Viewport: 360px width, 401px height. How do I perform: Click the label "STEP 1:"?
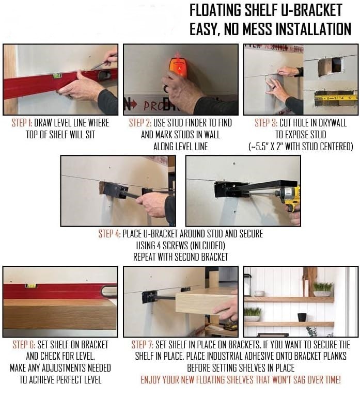tap(22, 123)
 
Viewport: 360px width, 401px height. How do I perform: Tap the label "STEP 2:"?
tap(140, 123)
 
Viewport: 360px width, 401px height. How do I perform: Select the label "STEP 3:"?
tap(266, 123)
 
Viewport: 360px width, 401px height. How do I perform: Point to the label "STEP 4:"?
tap(109, 234)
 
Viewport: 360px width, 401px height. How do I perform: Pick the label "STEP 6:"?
tap(24, 345)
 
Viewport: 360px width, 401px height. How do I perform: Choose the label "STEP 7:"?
tap(143, 345)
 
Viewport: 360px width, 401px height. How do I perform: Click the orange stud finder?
tap(179, 66)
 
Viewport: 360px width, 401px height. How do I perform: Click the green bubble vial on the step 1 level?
tap(56, 75)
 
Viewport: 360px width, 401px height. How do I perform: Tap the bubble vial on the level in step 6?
tap(30, 286)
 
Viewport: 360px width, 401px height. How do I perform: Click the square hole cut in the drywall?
tap(330, 66)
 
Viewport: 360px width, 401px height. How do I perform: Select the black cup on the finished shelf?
tap(302, 317)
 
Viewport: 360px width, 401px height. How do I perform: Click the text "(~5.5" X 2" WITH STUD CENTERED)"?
tap(301, 147)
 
